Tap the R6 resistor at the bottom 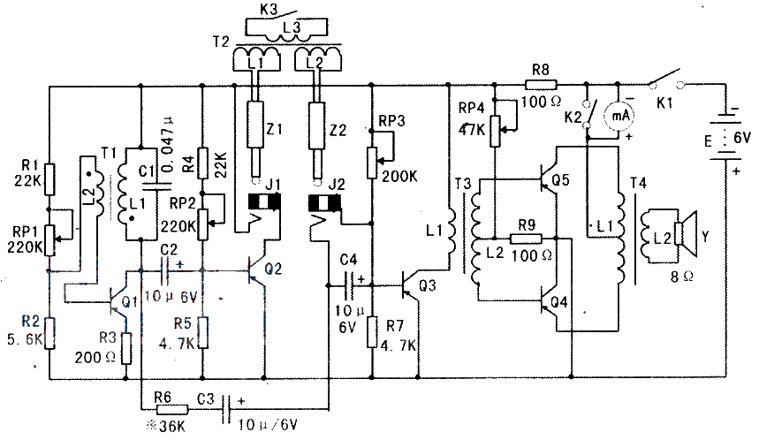173,409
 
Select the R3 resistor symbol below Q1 126,348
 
